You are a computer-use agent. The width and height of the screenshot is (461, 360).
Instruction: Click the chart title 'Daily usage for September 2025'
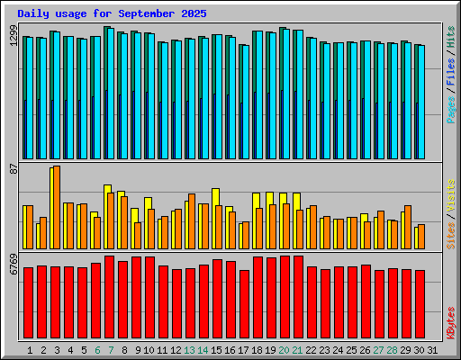(x=112, y=13)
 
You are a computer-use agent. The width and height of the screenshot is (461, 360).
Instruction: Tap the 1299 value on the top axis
(x=14, y=35)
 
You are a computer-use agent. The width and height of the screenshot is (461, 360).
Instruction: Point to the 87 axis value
(x=14, y=169)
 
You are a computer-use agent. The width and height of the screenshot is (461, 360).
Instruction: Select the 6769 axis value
(x=14, y=264)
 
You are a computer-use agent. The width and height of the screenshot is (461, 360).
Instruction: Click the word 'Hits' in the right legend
(x=450, y=37)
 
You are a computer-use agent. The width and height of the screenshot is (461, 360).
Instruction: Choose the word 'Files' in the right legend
(x=450, y=71)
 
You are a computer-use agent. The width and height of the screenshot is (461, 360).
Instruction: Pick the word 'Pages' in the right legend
(x=450, y=110)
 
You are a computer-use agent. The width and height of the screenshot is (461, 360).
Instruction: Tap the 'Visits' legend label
(x=450, y=195)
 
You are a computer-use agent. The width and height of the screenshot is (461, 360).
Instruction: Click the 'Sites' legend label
(x=450, y=236)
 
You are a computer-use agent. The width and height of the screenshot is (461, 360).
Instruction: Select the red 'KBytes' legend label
(x=450, y=323)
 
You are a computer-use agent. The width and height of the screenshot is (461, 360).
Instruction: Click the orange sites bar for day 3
(x=57, y=207)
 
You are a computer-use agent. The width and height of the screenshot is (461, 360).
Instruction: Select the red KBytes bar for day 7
(x=109, y=297)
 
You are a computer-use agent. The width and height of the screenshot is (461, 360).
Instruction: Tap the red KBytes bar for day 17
(x=244, y=304)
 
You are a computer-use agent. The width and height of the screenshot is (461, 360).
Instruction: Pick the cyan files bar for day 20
(x=286, y=94)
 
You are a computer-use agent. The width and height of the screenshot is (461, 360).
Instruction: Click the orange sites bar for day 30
(x=421, y=237)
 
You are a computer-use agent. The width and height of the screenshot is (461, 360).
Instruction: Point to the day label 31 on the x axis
(x=432, y=350)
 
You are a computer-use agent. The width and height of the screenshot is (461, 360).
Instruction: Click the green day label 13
(x=189, y=350)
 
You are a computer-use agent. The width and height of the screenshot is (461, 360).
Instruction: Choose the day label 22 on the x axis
(x=311, y=350)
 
